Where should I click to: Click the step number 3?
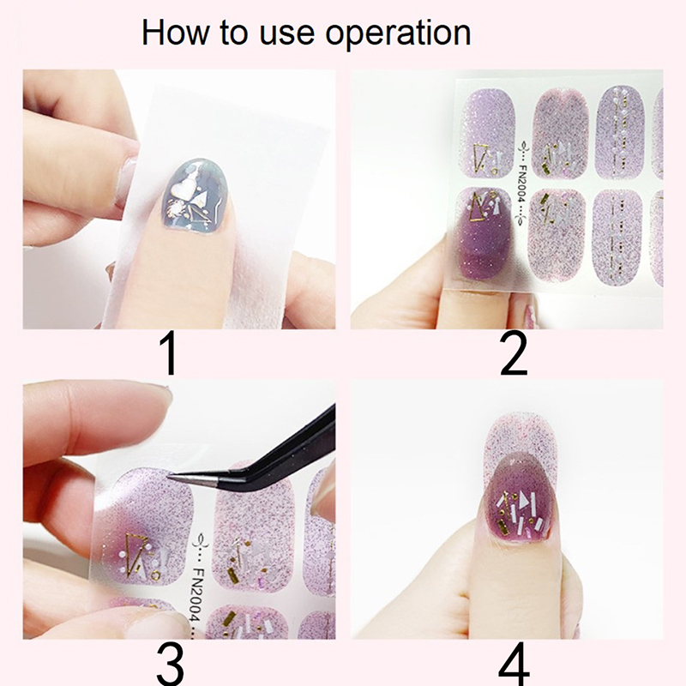click(169, 663)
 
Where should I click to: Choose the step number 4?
click(514, 663)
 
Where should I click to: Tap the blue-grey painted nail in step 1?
click(196, 196)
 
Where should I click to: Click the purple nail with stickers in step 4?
click(520, 499)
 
